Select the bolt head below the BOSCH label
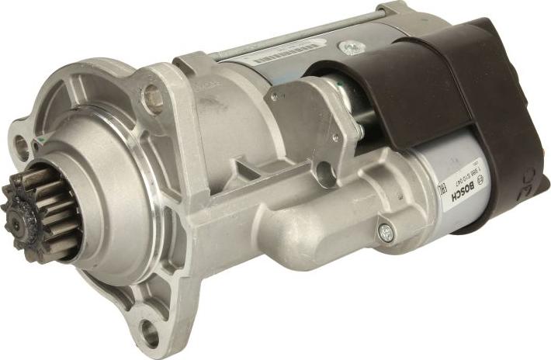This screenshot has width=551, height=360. click(385, 230)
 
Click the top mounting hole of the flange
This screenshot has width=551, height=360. click(153, 98)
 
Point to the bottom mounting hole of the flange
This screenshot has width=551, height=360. click(148, 334)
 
